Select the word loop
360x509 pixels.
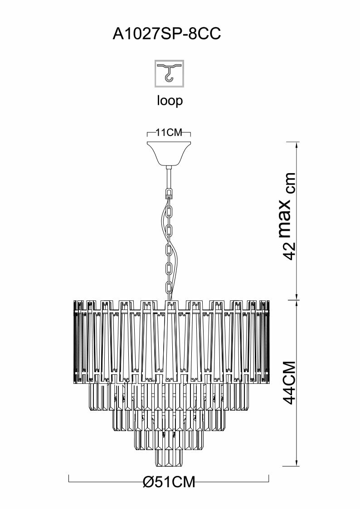(x=170, y=100)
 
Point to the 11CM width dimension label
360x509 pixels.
(x=169, y=133)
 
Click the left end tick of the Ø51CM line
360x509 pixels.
(x=68, y=478)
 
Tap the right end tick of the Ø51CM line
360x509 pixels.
(x=269, y=478)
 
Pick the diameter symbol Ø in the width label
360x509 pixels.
(x=148, y=482)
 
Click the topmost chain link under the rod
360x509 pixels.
(x=170, y=194)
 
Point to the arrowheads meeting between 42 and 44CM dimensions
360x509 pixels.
(x=297, y=299)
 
